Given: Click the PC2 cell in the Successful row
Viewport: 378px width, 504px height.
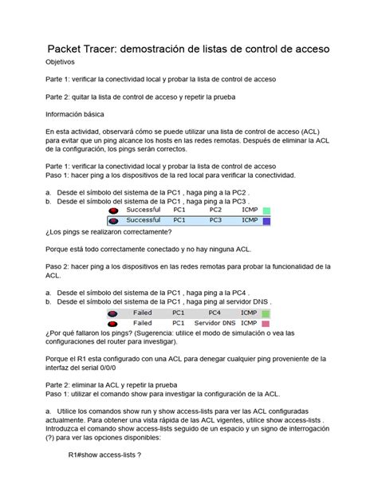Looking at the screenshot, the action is [216, 210].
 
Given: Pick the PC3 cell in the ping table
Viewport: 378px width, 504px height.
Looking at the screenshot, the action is [216, 220].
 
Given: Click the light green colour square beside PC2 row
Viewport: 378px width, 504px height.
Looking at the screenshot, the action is [266, 211].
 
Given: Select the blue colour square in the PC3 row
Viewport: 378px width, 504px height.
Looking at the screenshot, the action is [266, 221].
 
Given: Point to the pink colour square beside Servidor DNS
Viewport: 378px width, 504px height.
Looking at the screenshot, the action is [266, 324].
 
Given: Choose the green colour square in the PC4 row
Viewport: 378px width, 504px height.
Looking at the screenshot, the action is [266, 313].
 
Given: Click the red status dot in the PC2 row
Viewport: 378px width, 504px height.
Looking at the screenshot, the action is [114, 211].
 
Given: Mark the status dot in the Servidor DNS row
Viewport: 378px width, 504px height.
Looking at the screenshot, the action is [114, 324].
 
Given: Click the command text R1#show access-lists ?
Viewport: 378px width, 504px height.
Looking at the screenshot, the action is [104, 477].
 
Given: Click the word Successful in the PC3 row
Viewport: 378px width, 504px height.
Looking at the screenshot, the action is [144, 220].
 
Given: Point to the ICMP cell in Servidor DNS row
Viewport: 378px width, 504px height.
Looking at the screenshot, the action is [249, 323].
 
